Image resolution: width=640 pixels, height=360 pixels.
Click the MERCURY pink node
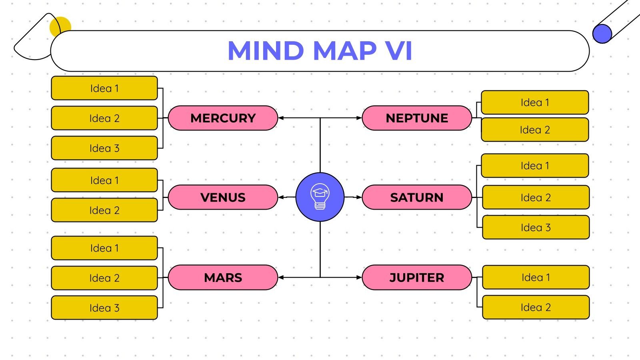[223, 118]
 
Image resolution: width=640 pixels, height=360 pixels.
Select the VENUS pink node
[223, 197]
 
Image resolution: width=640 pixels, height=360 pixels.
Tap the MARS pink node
[223, 277]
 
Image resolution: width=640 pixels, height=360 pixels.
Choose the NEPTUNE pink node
[417, 118]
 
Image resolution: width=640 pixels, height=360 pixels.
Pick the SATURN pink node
[417, 197]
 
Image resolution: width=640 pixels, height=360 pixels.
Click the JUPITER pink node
[417, 277]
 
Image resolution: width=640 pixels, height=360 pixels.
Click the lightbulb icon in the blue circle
[320, 196]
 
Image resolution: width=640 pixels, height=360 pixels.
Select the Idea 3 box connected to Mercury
[104, 148]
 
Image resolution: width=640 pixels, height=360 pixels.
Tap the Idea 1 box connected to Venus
[104, 180]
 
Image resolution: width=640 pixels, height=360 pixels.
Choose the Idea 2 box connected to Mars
[104, 278]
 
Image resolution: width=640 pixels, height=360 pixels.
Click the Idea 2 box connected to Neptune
[535, 130]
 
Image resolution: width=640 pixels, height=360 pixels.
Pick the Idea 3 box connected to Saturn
[536, 227]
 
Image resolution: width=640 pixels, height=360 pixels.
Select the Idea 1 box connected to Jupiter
[536, 277]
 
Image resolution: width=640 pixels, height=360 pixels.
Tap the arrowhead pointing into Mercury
[281, 118]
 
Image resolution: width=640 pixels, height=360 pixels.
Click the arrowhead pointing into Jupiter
[359, 277]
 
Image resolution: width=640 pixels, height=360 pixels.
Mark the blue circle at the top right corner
[602, 34]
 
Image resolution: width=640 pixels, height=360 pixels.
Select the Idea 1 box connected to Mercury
[104, 88]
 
